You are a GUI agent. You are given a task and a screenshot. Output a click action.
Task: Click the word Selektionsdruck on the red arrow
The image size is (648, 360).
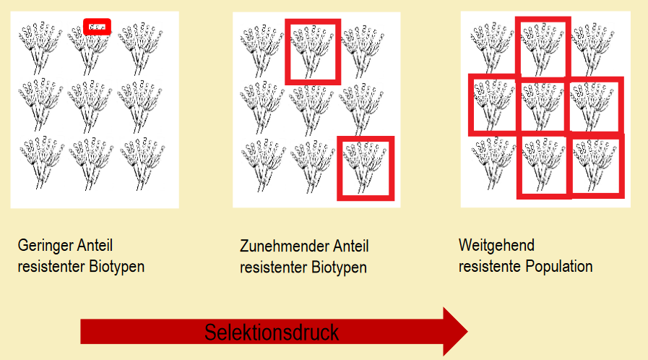272,333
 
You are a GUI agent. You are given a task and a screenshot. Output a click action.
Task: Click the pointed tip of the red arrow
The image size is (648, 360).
467,331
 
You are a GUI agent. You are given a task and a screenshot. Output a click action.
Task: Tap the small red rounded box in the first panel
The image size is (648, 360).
97,27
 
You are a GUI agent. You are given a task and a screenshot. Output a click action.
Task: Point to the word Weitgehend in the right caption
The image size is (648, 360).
496,246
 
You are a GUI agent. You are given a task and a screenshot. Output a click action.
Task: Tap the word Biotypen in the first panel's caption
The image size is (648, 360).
116,267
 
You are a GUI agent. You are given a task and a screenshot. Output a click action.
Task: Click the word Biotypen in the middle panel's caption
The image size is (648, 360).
339,267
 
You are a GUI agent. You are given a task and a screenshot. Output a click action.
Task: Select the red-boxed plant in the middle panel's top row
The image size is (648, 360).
313,51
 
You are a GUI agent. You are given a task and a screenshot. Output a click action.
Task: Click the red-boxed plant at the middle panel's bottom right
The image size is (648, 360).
366,168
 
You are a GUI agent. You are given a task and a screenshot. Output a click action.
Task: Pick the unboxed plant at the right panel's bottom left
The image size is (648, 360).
493,163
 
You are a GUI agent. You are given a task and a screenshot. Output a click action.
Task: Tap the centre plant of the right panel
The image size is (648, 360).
543,106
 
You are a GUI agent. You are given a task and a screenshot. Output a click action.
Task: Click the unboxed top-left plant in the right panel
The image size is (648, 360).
492,48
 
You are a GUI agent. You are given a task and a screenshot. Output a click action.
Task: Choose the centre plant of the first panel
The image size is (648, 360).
90,106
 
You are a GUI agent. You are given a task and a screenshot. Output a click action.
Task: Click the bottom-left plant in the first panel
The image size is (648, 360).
41,163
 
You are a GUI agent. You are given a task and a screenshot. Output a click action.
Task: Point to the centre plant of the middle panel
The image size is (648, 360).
311,108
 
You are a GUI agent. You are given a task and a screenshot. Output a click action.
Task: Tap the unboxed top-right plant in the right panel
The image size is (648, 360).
592,48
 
